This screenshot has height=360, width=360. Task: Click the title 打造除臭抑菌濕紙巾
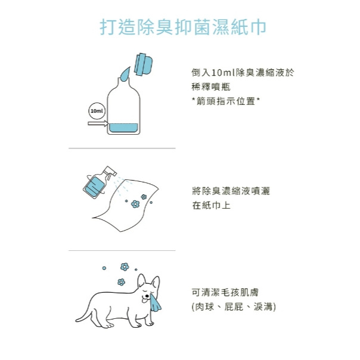point(183,27)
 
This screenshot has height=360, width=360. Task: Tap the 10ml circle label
point(97,111)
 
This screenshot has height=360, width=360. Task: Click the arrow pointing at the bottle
point(98,123)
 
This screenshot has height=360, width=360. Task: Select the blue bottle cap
point(143,64)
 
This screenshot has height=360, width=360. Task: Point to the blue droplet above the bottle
point(125,75)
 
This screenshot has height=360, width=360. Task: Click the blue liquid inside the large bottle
point(123,128)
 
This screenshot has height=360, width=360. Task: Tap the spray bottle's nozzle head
point(110,171)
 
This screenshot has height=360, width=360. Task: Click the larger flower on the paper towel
point(135,204)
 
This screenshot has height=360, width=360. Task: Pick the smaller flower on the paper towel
point(144,197)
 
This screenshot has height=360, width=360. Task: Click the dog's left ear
point(141,281)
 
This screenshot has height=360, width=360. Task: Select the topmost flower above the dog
point(125,267)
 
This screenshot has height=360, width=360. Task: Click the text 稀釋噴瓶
point(211,87)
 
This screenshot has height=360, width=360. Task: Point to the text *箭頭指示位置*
point(226,101)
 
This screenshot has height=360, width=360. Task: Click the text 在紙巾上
point(211,205)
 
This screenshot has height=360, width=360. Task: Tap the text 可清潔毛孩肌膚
point(225,293)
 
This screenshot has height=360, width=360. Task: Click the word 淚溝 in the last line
point(263,307)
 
